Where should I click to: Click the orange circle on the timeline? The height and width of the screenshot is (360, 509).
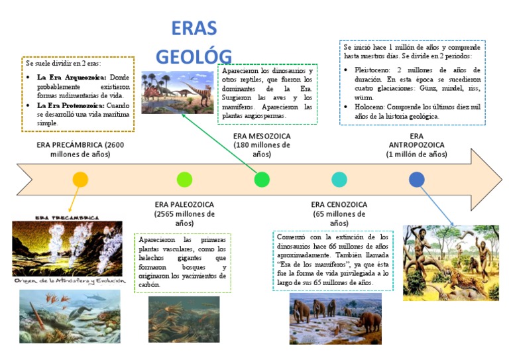tap(80, 179)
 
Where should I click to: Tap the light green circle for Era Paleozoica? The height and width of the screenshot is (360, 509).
tap(185, 179)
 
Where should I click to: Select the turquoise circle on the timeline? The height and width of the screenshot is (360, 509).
tap(339, 179)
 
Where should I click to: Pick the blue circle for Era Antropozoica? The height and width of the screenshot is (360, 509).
tap(417, 179)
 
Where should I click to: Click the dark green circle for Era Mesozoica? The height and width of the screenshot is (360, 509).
tap(262, 179)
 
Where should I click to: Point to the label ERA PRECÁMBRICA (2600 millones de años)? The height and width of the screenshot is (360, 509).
tap(80, 149)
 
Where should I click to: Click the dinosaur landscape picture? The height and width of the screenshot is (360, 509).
tap(177, 92)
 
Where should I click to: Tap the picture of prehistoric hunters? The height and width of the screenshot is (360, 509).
tap(450, 263)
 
